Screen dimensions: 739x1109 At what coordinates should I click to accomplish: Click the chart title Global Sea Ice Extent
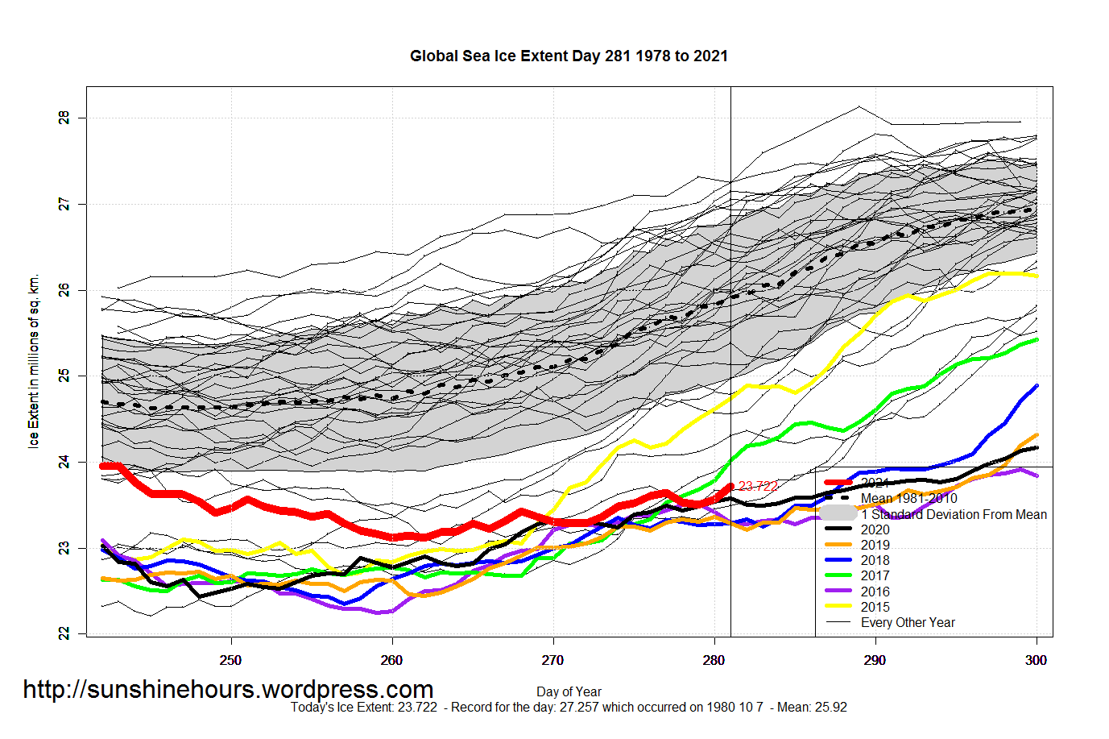click(x=569, y=56)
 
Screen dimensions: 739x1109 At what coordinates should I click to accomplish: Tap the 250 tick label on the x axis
click(x=230, y=660)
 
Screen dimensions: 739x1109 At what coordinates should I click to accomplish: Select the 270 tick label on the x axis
click(x=552, y=660)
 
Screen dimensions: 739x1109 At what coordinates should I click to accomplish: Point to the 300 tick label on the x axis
click(x=1036, y=660)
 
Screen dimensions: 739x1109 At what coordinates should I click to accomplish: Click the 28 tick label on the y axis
click(x=64, y=118)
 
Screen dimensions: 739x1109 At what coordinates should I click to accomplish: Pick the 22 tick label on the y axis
click(x=64, y=633)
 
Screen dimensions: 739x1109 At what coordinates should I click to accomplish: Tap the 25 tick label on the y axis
click(x=64, y=376)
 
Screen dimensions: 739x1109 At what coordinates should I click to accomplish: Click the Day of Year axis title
click(x=569, y=691)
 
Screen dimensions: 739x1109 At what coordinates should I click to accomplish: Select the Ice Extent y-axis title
click(x=34, y=361)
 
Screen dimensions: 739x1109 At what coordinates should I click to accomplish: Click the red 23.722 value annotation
click(x=759, y=486)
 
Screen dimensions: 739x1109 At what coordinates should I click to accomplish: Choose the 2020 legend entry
click(x=875, y=529)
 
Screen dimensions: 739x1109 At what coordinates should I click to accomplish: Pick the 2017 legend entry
click(x=875, y=575)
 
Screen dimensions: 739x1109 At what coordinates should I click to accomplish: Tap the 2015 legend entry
click(x=875, y=607)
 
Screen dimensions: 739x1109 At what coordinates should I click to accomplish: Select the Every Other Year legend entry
click(x=908, y=622)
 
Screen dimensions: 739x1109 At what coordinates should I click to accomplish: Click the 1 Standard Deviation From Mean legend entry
click(x=954, y=514)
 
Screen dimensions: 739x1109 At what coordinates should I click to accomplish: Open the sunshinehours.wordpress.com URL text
click(x=228, y=690)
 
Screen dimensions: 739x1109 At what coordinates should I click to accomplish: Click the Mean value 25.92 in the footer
click(x=831, y=708)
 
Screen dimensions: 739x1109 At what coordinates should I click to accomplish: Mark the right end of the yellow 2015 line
click(x=1037, y=276)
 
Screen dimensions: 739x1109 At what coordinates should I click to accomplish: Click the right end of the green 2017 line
click(x=1037, y=340)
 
